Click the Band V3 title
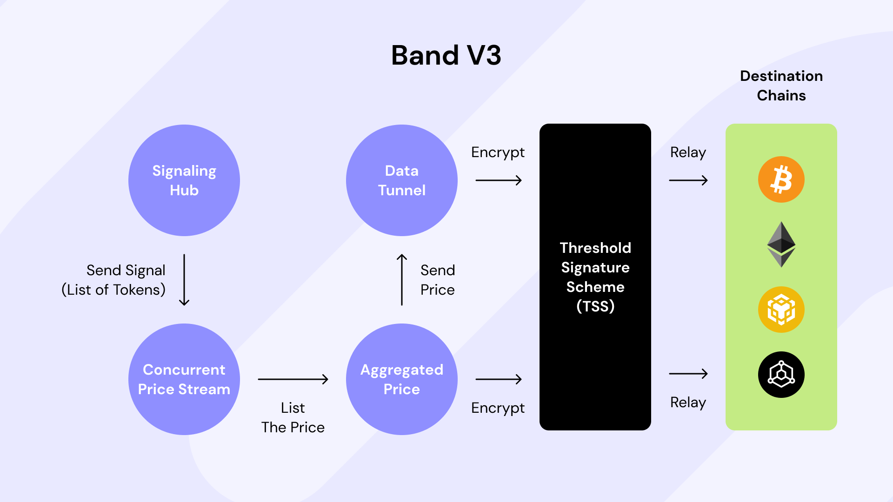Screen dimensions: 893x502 tap(446, 55)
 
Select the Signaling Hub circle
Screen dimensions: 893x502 tap(184, 180)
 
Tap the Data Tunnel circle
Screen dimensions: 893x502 tap(402, 180)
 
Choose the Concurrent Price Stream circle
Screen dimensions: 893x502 tap(184, 379)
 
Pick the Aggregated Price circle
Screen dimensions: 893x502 tap(402, 379)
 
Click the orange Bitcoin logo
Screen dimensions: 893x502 tap(781, 179)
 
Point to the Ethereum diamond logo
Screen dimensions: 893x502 tap(781, 244)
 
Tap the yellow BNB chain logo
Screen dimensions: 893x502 tap(781, 310)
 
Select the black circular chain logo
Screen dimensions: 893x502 tap(781, 375)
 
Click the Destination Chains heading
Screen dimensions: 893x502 tap(781, 86)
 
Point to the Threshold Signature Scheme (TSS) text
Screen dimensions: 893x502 tap(595, 277)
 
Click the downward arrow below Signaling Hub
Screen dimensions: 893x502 tap(184, 280)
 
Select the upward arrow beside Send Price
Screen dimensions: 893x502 tap(402, 280)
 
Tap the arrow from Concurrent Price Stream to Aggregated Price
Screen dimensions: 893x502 tap(293, 379)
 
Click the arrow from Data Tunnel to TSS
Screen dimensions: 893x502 tap(499, 180)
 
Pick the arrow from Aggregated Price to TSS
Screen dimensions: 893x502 tap(499, 379)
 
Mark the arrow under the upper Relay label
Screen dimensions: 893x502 tap(688, 180)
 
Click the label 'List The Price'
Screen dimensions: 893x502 tap(293, 417)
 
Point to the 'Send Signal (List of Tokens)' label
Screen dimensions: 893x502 tap(113, 280)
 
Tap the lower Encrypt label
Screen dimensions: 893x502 tap(498, 408)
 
